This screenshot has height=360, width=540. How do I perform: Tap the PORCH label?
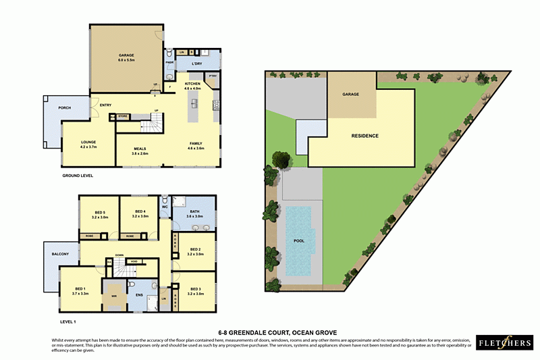pyautogui.click(x=65, y=107)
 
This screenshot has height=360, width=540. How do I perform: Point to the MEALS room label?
pyautogui.click(x=140, y=150)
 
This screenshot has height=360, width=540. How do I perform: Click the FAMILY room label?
pyautogui.click(x=196, y=144)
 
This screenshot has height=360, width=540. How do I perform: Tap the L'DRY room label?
pyautogui.click(x=197, y=64)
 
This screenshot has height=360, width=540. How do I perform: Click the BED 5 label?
pyautogui.click(x=100, y=214)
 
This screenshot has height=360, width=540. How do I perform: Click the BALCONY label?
pyautogui.click(x=60, y=253)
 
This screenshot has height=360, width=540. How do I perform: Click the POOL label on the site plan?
pyautogui.click(x=298, y=240)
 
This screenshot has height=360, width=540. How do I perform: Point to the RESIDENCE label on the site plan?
pyautogui.click(x=364, y=136)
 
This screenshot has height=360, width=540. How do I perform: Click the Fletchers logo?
pyautogui.click(x=504, y=342)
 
